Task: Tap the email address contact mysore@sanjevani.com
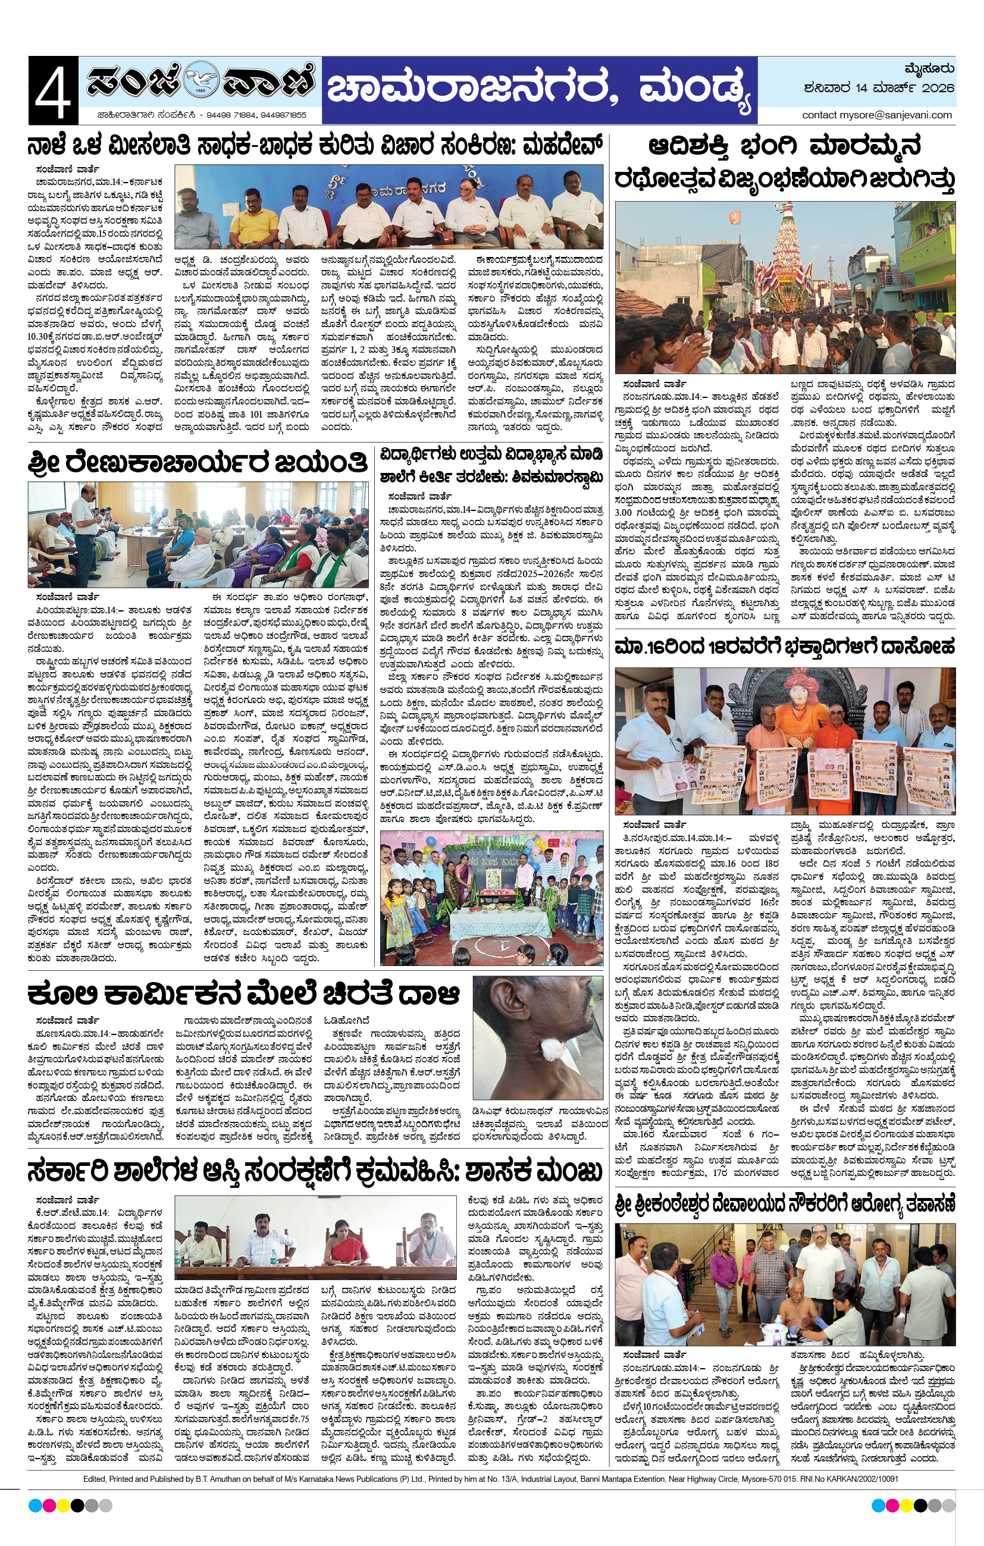tap(876, 115)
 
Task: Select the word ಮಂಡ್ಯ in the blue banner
tap(694, 90)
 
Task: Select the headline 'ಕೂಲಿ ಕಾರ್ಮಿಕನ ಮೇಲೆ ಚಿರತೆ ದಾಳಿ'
tap(243, 995)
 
